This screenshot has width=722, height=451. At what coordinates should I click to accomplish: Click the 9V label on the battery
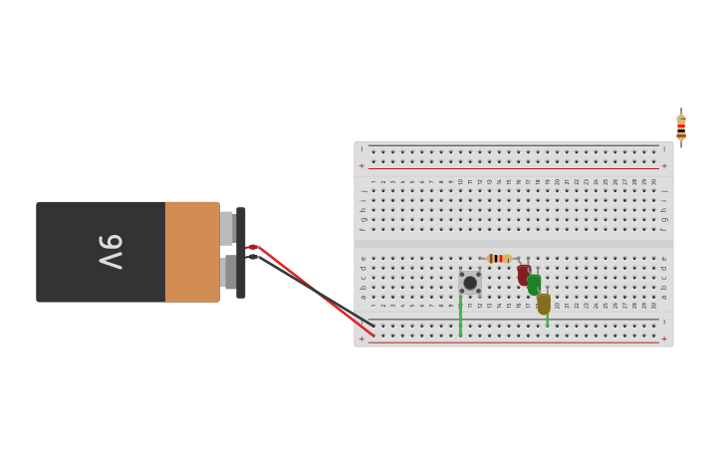click(x=111, y=252)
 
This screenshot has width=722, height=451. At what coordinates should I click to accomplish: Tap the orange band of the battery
click(x=191, y=252)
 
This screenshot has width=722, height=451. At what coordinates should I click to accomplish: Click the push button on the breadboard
click(x=470, y=283)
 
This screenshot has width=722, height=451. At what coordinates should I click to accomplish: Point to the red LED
click(x=523, y=274)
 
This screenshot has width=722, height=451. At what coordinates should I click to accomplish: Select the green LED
click(x=534, y=284)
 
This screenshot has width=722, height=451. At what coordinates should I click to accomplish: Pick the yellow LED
click(x=544, y=303)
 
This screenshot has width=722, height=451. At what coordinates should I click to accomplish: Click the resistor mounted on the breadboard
click(x=499, y=258)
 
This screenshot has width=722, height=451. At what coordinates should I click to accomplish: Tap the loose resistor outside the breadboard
click(x=681, y=127)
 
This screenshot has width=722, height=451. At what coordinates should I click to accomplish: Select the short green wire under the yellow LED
click(x=547, y=321)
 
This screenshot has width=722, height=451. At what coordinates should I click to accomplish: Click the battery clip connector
click(x=241, y=252)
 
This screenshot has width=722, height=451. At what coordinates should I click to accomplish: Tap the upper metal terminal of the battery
click(x=227, y=228)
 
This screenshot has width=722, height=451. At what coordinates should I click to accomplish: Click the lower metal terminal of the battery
click(x=229, y=273)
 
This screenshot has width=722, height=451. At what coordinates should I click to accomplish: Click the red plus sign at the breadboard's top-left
click(x=361, y=166)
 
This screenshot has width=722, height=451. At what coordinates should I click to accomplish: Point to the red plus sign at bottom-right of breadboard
click(x=664, y=338)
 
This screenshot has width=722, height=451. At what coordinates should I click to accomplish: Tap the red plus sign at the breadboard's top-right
click(x=664, y=166)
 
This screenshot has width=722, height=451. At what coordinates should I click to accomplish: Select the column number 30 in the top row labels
click(x=653, y=182)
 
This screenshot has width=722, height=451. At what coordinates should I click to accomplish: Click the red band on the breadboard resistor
click(x=495, y=258)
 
